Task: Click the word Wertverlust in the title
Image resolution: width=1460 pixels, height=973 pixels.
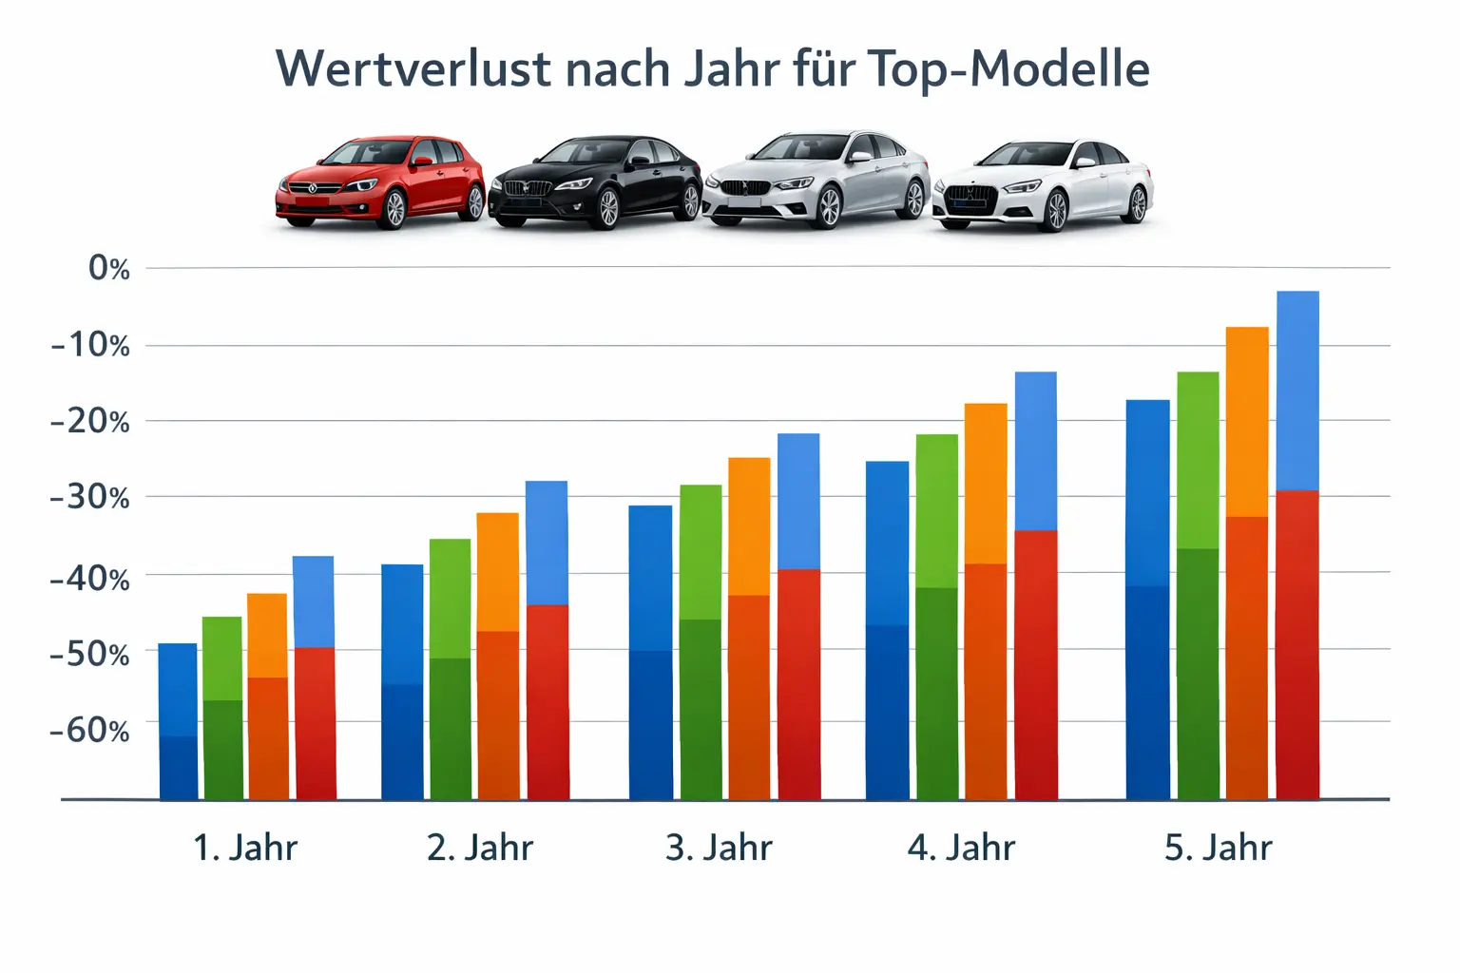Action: pos(413,69)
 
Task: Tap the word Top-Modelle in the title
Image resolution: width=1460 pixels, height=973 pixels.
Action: pos(1009,69)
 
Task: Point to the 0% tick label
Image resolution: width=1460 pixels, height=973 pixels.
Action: pos(109,269)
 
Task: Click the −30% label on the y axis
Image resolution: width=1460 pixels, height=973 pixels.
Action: pos(90,497)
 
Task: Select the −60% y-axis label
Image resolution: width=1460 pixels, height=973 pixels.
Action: pos(90,730)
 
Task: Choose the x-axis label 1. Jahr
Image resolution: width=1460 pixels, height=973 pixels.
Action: pos(245,848)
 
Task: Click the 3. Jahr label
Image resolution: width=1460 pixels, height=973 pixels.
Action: pos(719,848)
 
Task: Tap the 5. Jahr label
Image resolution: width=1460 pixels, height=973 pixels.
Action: pos(1218,848)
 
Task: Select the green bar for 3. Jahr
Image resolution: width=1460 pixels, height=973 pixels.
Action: pos(701,641)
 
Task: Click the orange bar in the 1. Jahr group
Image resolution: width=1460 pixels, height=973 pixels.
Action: pos(267,696)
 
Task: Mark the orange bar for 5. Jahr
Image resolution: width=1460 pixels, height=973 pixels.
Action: pos(1247,563)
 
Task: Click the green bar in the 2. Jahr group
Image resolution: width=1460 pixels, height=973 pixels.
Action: pos(451,669)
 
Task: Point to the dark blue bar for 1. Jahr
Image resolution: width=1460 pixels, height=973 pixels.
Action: pos(178,721)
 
